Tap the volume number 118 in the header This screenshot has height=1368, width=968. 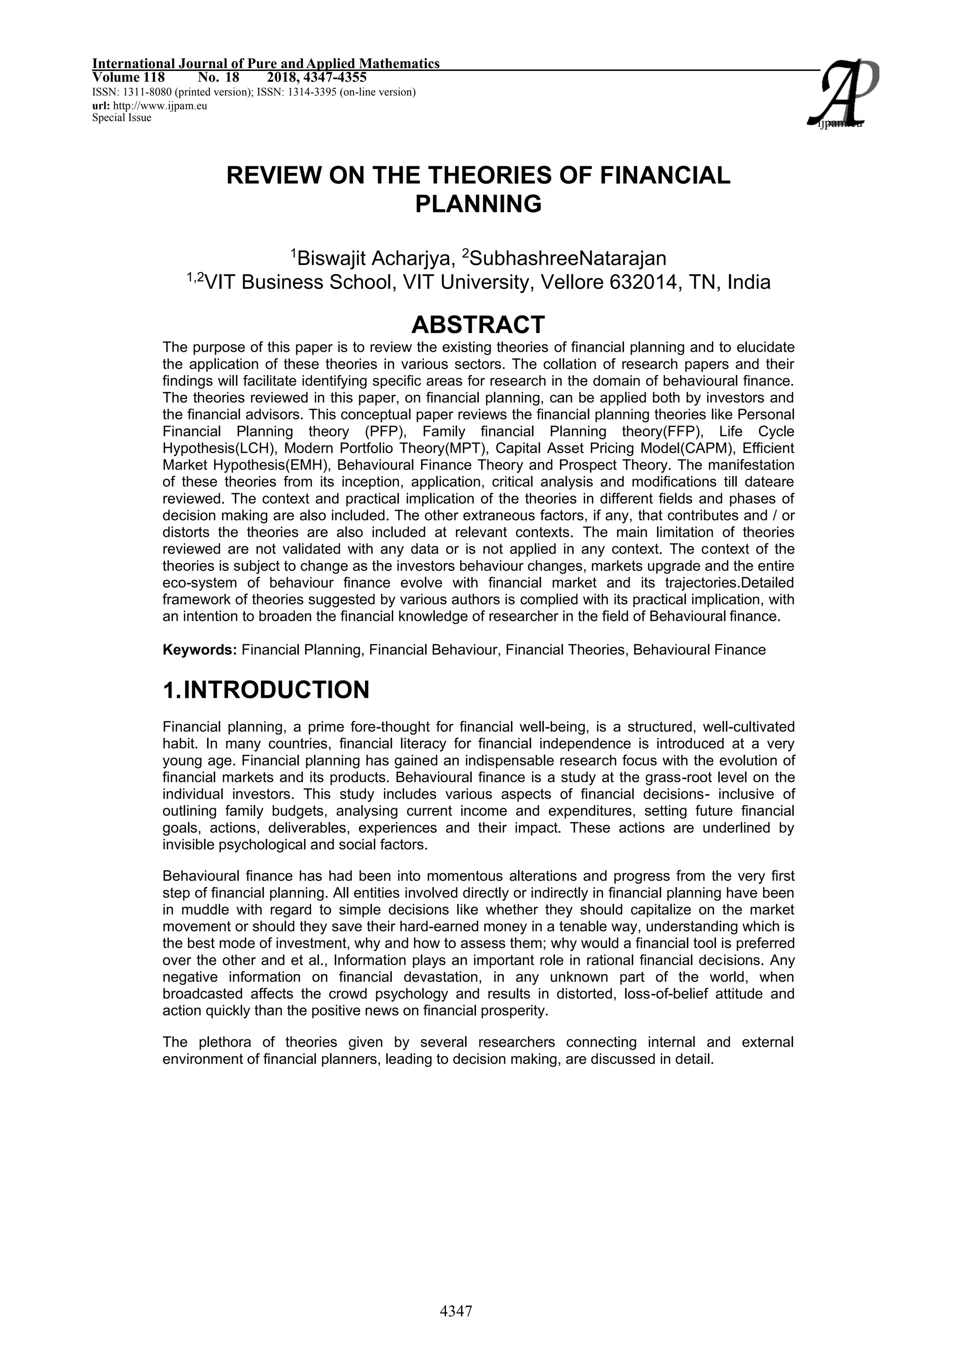coord(153,77)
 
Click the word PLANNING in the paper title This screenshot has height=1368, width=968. coord(478,205)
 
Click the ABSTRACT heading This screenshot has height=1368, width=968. coord(478,325)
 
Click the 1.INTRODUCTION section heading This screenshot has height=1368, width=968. coord(266,690)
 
